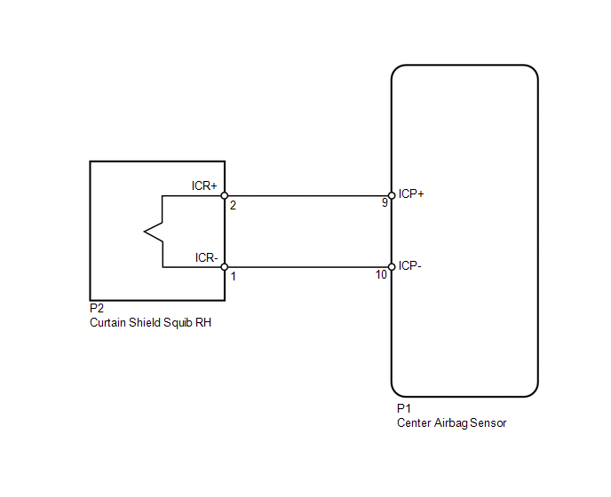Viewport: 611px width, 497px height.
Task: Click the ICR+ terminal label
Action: click(x=203, y=185)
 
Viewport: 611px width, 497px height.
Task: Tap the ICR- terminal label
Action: click(x=206, y=258)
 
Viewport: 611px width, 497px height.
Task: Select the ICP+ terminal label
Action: click(x=411, y=194)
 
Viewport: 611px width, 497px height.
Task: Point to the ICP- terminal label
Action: click(x=410, y=266)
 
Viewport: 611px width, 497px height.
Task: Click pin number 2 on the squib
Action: click(x=233, y=205)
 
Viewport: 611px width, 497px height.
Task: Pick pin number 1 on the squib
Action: click(x=234, y=277)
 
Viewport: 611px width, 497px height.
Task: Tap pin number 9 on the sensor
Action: click(x=385, y=203)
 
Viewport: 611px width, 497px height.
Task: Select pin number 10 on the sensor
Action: click(x=381, y=275)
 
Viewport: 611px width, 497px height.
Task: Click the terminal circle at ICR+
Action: click(x=225, y=195)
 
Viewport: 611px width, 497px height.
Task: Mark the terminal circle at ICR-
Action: click(x=225, y=267)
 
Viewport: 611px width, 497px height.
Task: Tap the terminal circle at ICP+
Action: click(x=392, y=195)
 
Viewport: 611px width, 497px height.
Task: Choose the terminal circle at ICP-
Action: click(x=392, y=267)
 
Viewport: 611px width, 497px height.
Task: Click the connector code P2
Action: click(x=97, y=308)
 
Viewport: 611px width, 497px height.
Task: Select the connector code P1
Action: click(x=404, y=408)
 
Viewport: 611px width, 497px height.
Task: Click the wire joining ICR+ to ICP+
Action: click(x=308, y=195)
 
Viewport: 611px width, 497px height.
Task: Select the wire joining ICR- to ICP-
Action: click(x=308, y=267)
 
